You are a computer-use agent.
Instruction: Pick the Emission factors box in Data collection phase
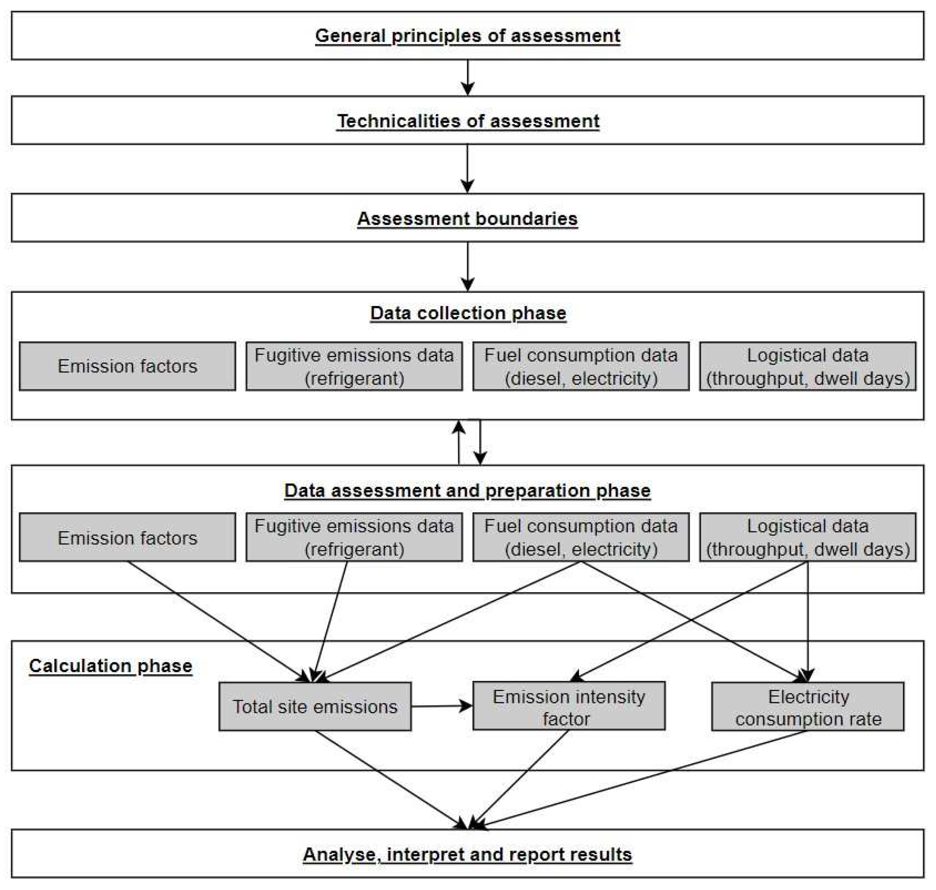tap(127, 366)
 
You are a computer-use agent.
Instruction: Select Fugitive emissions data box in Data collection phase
tap(354, 366)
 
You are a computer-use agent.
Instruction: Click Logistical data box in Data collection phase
tap(808, 366)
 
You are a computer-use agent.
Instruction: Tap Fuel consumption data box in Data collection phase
tap(581, 366)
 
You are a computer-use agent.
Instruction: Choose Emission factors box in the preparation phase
tap(127, 537)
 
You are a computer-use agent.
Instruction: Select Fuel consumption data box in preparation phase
tap(581, 537)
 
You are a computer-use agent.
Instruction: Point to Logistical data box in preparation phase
tap(808, 537)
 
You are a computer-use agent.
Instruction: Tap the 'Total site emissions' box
tap(315, 707)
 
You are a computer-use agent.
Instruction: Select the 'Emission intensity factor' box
tap(568, 707)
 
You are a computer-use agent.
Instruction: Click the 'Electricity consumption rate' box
tap(808, 707)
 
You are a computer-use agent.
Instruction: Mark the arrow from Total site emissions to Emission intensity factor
tap(441, 706)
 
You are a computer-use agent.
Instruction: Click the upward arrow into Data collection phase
tap(458, 441)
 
